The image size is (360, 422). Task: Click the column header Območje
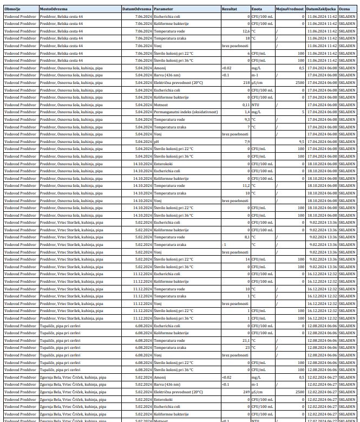pos(12,9)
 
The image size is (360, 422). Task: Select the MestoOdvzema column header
pos(53,9)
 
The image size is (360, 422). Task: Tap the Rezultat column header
pos(230,9)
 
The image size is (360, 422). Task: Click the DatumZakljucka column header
pos(321,9)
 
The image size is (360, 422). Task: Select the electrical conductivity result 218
pos(246,83)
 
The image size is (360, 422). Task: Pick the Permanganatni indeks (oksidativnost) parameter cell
pos(186,112)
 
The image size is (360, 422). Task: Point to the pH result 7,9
pos(247,141)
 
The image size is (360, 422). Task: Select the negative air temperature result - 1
pos(224,244)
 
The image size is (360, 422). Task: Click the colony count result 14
pos(247,259)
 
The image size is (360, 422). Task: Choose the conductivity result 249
pos(246,392)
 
